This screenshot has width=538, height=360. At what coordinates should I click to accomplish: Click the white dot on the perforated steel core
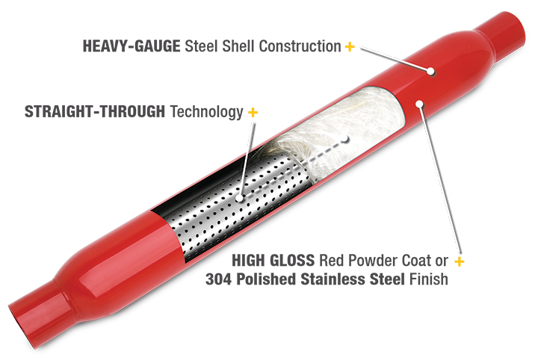coord(238,199)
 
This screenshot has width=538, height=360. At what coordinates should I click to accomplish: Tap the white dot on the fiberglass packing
coord(347,139)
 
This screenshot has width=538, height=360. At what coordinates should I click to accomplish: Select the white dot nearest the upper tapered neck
coord(432,72)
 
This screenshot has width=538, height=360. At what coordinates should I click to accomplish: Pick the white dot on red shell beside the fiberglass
coord(421,104)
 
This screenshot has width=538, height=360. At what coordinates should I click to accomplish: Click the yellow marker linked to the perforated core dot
coord(253,113)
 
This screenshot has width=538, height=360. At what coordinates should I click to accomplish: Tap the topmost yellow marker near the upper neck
coord(348,48)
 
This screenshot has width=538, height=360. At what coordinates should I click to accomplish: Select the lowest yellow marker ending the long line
coord(459,261)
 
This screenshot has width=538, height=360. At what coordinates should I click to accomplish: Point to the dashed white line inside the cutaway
coord(294,169)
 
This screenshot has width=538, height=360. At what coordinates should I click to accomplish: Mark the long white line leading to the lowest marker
coord(440,183)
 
